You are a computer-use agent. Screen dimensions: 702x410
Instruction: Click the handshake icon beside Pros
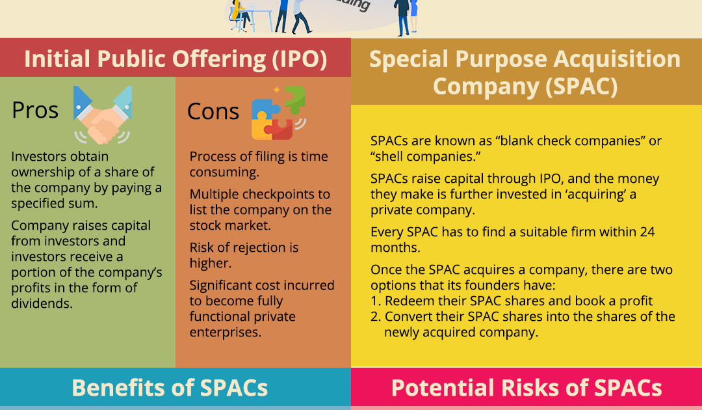[x=103, y=115]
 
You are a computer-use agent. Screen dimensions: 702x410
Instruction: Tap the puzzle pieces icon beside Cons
[x=278, y=113]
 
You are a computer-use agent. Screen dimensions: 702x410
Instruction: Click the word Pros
[x=35, y=110]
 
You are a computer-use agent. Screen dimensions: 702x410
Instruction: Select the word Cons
[x=213, y=111]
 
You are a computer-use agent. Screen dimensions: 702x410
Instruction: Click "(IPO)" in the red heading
[x=300, y=59]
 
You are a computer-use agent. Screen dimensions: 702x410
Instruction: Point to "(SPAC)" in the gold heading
[x=582, y=87]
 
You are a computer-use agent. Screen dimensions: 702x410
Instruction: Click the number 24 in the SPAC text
[x=647, y=232]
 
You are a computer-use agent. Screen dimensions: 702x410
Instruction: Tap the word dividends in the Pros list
[x=42, y=303]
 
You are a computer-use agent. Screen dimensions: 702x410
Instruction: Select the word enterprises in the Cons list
[x=225, y=333]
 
